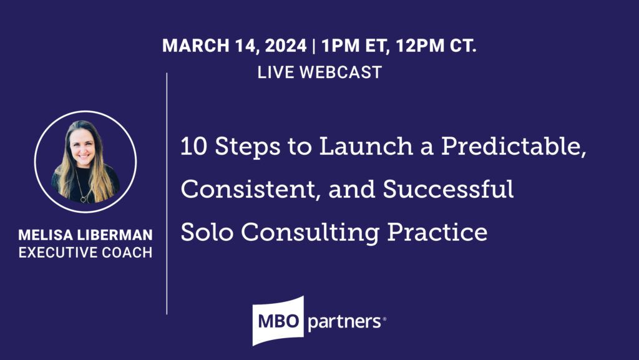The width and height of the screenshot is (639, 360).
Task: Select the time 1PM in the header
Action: [x=338, y=46]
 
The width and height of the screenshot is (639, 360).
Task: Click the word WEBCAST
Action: [x=341, y=72]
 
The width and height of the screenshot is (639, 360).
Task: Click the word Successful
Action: [x=449, y=190]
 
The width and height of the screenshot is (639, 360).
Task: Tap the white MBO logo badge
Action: [x=278, y=321]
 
